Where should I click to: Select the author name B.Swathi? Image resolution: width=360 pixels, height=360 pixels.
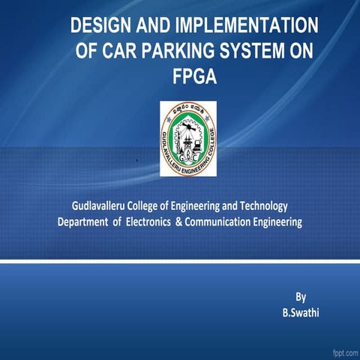(300, 312)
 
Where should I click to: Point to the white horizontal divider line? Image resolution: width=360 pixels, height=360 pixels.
(180, 262)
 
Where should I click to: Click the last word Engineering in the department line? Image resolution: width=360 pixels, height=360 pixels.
(277, 223)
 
